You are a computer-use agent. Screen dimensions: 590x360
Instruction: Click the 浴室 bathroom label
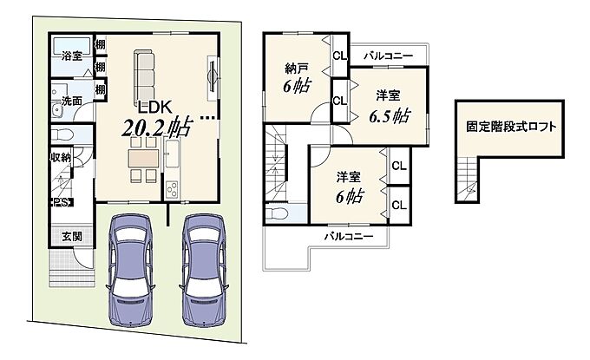click(72, 56)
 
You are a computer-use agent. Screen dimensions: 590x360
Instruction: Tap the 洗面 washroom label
click(72, 101)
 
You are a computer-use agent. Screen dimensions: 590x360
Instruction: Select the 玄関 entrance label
click(72, 237)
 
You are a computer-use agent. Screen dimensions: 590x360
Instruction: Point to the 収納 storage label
click(61, 157)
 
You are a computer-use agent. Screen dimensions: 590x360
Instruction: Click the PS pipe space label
click(61, 202)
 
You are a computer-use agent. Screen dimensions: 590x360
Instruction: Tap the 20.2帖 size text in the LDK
click(157, 128)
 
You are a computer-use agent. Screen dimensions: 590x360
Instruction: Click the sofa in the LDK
click(144, 76)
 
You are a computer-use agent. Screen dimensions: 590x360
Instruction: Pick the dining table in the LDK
click(143, 159)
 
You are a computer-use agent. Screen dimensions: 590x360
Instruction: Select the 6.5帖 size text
click(389, 116)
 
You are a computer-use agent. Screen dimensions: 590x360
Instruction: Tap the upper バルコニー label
click(388, 56)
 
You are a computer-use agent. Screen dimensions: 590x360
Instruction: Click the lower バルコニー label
click(349, 237)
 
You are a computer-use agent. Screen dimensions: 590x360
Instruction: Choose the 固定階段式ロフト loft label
click(511, 127)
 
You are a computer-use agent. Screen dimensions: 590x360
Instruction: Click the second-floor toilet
click(277, 213)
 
